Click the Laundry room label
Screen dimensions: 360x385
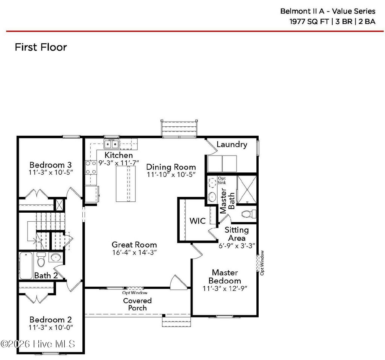(232, 145)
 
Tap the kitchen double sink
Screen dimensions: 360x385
(111, 144)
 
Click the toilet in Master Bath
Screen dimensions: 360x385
(249, 214)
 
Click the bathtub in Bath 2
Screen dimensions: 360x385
(26, 266)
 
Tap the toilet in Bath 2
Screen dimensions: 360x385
(41, 259)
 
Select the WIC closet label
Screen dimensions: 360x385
(197, 221)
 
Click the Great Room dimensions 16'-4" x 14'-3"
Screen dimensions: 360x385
(134, 253)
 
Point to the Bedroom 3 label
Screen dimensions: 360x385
(51, 165)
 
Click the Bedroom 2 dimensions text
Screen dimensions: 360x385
(51, 327)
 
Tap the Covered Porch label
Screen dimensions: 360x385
(138, 304)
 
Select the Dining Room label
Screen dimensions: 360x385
(171, 167)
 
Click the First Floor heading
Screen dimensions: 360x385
(41, 47)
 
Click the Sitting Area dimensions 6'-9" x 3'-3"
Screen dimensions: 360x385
(237, 246)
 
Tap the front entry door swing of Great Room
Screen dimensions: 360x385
(177, 282)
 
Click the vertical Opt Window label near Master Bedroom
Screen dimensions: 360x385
(262, 263)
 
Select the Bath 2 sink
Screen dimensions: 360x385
(55, 258)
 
